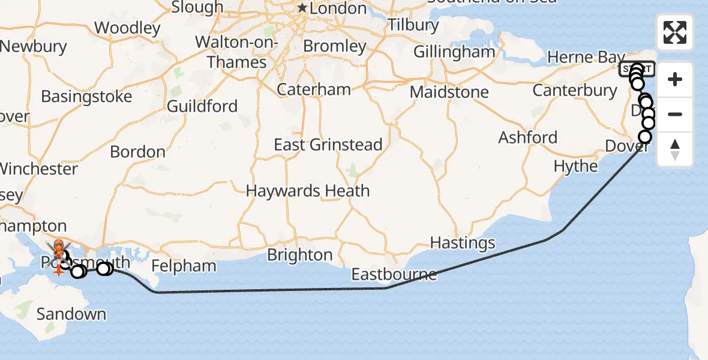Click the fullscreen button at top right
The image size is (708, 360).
675,32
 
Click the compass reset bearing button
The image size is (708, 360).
675,149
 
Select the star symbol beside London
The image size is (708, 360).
302,8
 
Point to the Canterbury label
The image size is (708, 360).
575,91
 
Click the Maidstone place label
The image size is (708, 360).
449,92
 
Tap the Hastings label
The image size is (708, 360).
463,243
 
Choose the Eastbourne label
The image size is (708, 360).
394,275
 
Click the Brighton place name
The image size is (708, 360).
300,255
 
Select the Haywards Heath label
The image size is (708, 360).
308,191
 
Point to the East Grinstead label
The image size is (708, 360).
328,145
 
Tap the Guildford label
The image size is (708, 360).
202,106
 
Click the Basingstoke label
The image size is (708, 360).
86,97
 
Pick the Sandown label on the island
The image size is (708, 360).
71,314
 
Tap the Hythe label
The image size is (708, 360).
576,166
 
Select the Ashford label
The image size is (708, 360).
528,137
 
